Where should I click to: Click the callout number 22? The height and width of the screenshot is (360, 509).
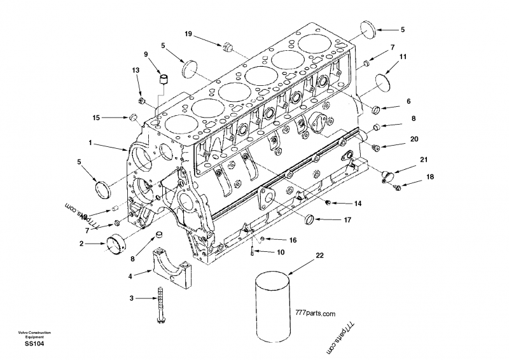point(319,256)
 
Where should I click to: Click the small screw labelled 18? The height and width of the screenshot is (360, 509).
point(398,186)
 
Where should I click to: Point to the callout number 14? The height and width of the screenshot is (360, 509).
point(358,204)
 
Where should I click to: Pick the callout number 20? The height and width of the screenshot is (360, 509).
point(414,139)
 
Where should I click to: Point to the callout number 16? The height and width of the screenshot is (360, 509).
point(293,240)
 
